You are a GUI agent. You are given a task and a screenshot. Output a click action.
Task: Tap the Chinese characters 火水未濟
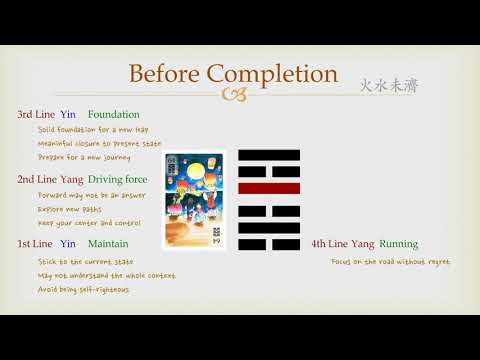pyautogui.click(x=389, y=86)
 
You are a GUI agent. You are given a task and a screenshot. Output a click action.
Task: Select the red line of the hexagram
pyautogui.click(x=270, y=188)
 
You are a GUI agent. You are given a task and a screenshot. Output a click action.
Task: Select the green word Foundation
pyautogui.click(x=114, y=115)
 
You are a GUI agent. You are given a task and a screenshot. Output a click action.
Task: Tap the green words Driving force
pyautogui.click(x=118, y=179)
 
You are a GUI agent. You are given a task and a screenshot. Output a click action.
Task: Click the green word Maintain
pyautogui.click(x=107, y=243)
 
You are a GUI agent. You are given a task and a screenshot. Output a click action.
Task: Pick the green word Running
pyautogui.click(x=398, y=243)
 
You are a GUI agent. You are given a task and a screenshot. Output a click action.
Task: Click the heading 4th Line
pyautogui.click(x=330, y=243)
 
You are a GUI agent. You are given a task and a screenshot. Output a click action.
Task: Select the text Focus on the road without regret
pyautogui.click(x=390, y=262)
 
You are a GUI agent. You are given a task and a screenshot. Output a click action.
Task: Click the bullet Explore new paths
pyautogui.click(x=74, y=210)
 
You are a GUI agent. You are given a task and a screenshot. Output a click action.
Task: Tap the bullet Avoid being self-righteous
pyautogui.click(x=83, y=290)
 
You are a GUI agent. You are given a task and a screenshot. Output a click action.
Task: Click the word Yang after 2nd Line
pyautogui.click(x=72, y=179)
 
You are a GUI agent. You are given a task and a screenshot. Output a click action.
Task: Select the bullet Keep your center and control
pyautogui.click(x=89, y=223)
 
